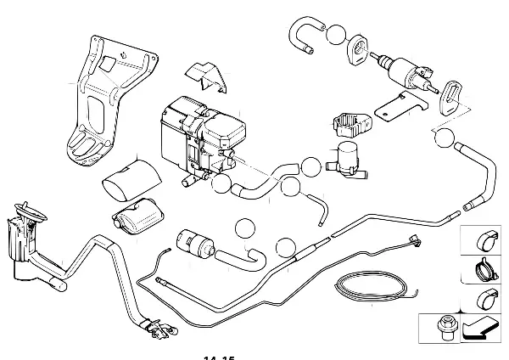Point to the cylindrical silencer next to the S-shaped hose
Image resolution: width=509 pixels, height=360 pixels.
(195, 243)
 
